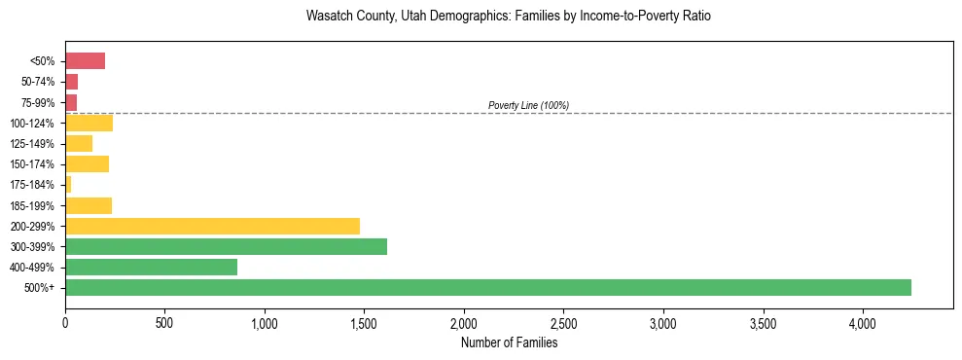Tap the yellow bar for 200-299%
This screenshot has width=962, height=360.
click(212, 226)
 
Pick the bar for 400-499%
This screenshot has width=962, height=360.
click(151, 267)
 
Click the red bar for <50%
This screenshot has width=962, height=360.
click(85, 61)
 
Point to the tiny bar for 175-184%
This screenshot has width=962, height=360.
click(68, 184)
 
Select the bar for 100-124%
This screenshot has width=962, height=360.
click(89, 123)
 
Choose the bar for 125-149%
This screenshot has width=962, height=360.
click(79, 143)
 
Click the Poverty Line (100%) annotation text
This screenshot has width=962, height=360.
click(528, 105)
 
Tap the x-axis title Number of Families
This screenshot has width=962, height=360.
click(509, 342)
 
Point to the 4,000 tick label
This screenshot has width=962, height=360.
click(863, 322)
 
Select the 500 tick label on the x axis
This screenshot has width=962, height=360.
click(164, 322)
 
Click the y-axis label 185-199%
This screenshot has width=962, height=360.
click(32, 205)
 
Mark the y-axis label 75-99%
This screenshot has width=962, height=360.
click(38, 102)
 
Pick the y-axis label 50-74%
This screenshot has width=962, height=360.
click(38, 82)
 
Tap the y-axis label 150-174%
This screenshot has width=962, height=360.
click(32, 164)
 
